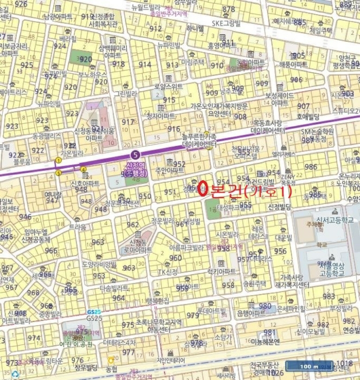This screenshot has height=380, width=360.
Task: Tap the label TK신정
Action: [168, 272]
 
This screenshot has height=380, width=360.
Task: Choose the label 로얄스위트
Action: [168, 86]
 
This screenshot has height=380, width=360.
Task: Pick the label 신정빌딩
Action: [280, 207]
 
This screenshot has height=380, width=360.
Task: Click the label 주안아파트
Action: [170, 170]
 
